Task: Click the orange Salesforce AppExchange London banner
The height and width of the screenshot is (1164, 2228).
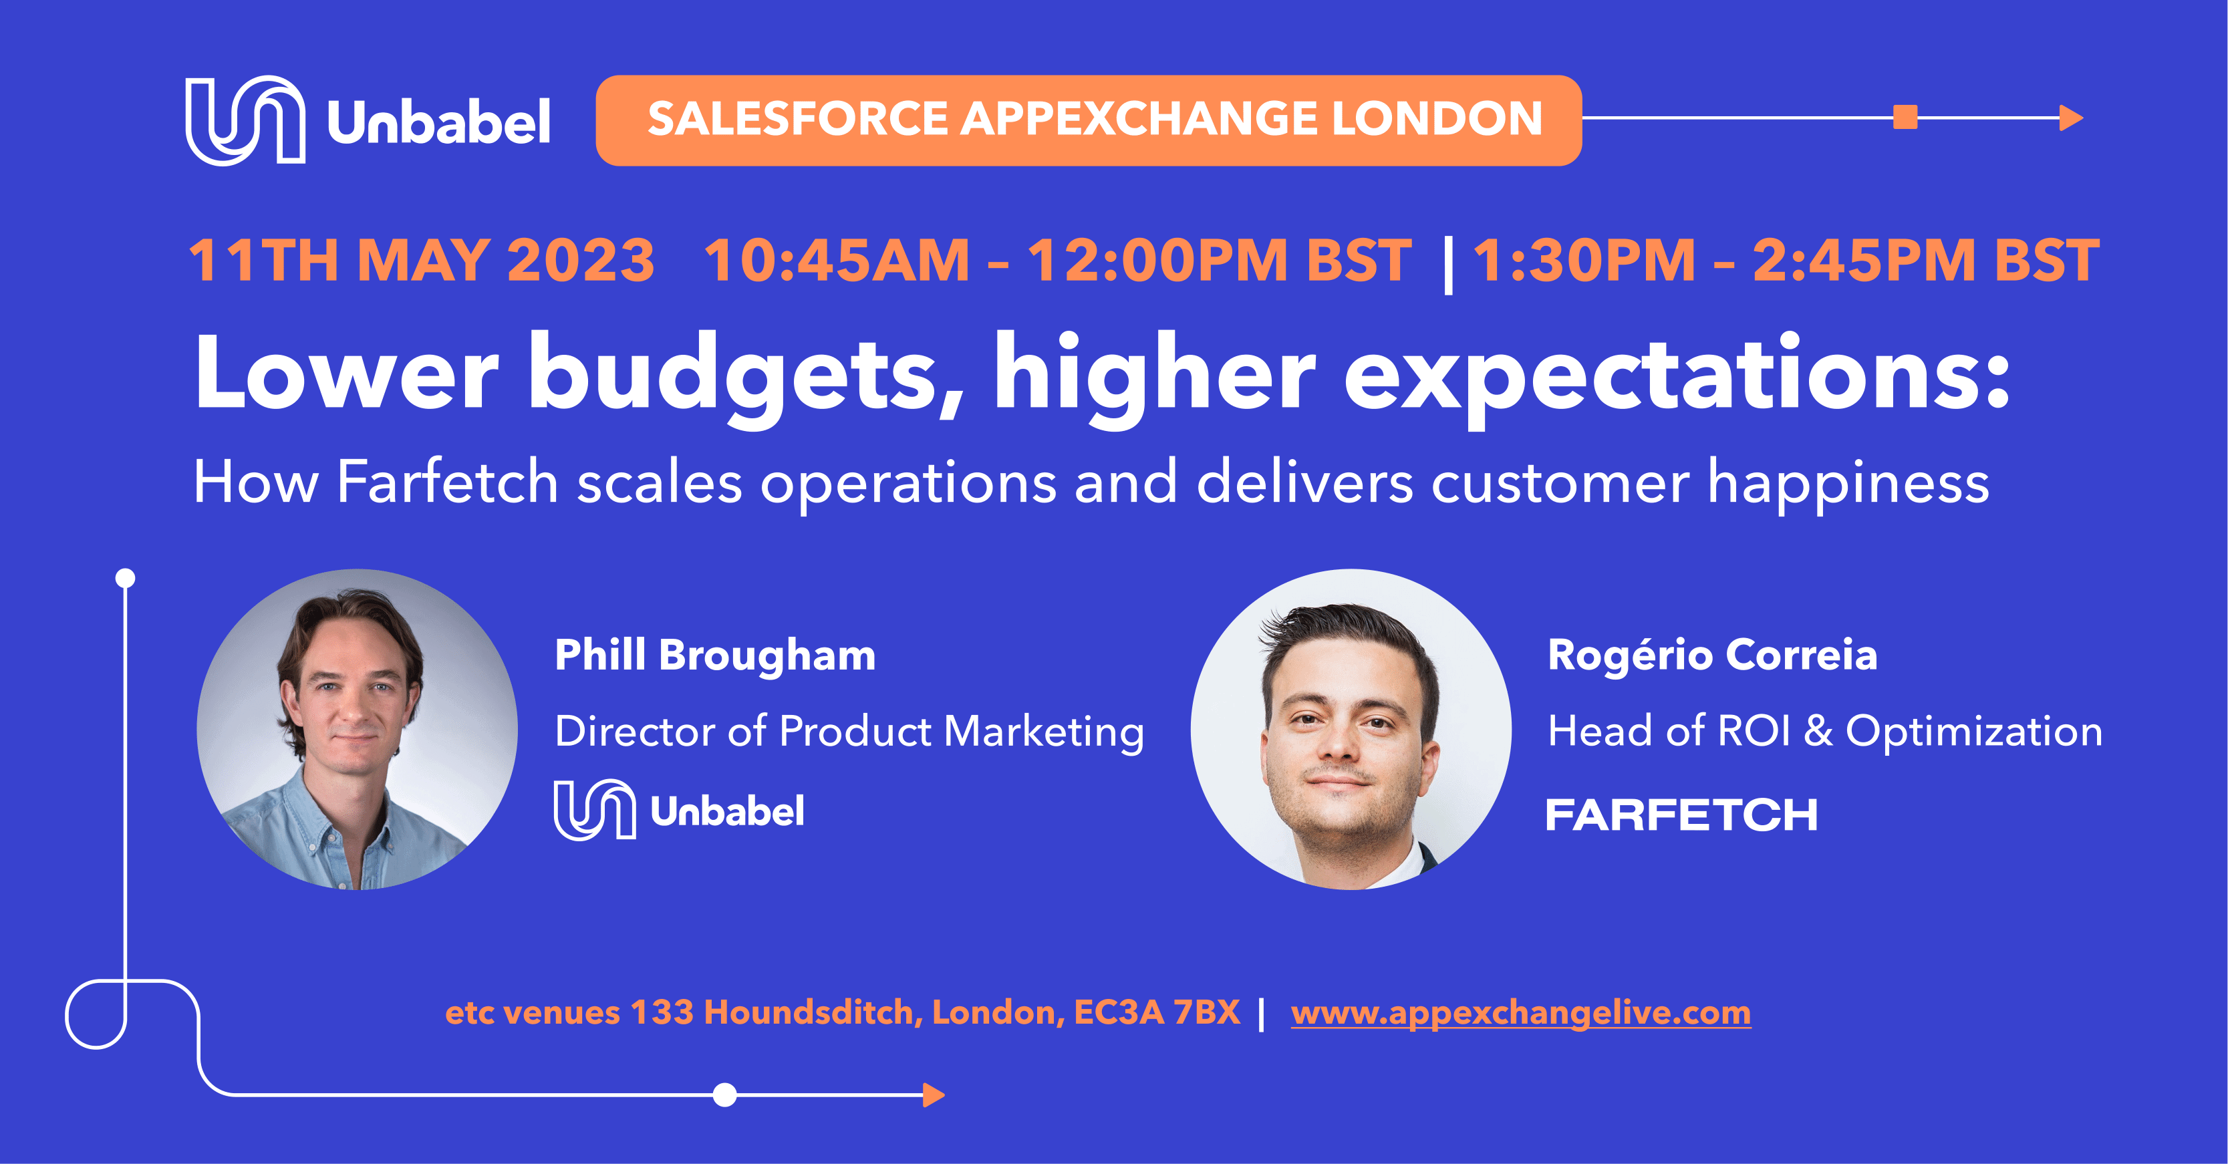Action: [x=1088, y=120]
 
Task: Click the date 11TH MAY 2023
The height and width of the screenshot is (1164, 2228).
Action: [x=421, y=261]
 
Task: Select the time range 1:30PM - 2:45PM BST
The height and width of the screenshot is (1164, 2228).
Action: [x=1786, y=261]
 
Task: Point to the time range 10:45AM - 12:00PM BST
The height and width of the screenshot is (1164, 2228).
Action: [x=1057, y=261]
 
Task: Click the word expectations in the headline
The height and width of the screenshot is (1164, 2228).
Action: [x=1675, y=374]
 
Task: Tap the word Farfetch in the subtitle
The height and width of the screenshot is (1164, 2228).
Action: [x=446, y=482]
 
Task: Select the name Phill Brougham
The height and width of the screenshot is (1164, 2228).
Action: [x=714, y=655]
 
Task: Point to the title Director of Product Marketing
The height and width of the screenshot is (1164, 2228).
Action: [x=849, y=732]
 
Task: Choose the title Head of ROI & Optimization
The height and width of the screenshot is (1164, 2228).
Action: [x=1824, y=732]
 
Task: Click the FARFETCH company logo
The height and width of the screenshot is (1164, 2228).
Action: [x=1681, y=815]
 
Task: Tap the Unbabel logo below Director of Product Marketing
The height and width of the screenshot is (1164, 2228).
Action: [x=679, y=811]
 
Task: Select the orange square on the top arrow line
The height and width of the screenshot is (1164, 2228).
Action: [x=1905, y=117]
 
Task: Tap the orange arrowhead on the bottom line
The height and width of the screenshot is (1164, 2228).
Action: [x=934, y=1095]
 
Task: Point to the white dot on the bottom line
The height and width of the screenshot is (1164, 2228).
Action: [x=725, y=1095]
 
